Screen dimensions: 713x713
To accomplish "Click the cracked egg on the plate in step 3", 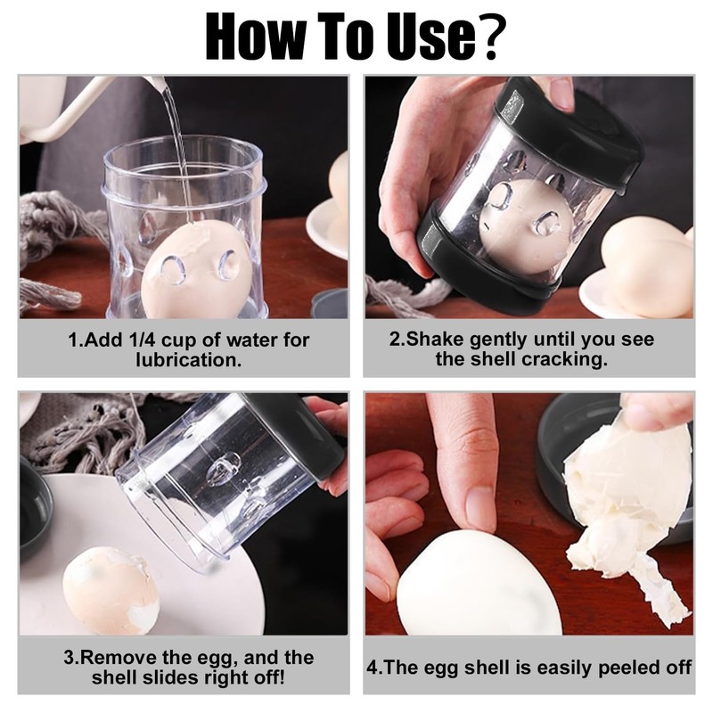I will point(111,589).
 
